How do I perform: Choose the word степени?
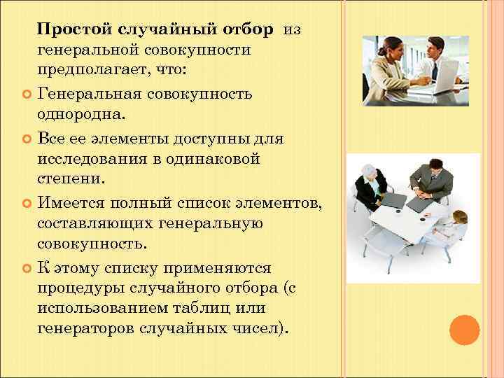[x=70, y=180]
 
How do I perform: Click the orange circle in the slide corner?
[x=463, y=330]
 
